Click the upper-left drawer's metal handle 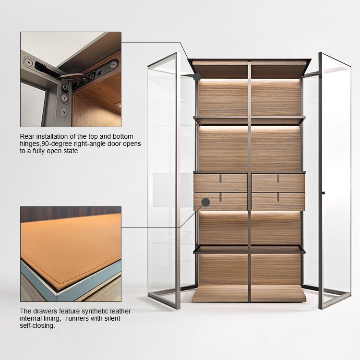(x=220, y=179)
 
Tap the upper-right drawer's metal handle (x=278, y=179)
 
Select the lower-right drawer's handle (x=278, y=197)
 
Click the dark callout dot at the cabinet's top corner (x=197, y=77)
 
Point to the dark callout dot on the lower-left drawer (x=206, y=202)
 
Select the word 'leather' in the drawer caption (x=120, y=311)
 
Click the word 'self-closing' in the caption (x=37, y=326)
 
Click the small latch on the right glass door (x=323, y=193)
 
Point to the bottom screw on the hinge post (x=64, y=112)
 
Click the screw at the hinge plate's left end (x=28, y=62)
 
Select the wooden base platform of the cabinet (x=249, y=293)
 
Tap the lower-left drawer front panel (x=220, y=202)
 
